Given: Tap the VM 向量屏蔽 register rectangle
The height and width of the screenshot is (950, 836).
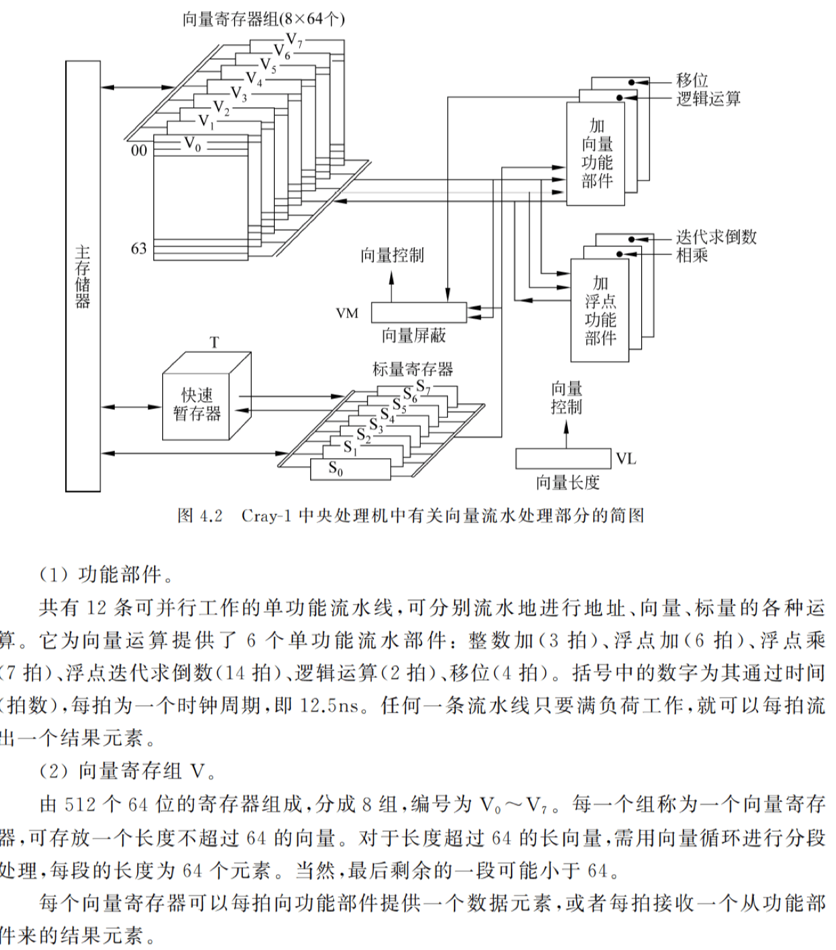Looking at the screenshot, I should [x=418, y=312].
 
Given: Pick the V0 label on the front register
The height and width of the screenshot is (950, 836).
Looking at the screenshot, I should [x=193, y=144].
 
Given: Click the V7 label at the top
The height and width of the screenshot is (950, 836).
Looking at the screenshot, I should [x=294, y=40].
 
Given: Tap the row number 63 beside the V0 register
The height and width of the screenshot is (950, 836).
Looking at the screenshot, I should [x=138, y=248].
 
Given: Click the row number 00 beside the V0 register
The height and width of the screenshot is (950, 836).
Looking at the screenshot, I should [x=138, y=150].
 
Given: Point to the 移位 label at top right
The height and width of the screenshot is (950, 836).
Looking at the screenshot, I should [x=692, y=80].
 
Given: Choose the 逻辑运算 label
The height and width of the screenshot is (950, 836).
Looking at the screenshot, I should [x=708, y=99].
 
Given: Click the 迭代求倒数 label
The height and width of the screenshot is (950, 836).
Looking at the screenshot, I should [x=716, y=237].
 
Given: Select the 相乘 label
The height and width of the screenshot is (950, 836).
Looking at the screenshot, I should [x=692, y=255].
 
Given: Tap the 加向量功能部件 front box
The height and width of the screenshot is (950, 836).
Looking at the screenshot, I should [x=596, y=154].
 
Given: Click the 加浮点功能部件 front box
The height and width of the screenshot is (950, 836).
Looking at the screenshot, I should [x=600, y=311].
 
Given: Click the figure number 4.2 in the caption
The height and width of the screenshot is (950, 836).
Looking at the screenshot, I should [x=210, y=516].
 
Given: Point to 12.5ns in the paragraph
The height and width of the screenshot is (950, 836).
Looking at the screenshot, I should [x=329, y=705].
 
